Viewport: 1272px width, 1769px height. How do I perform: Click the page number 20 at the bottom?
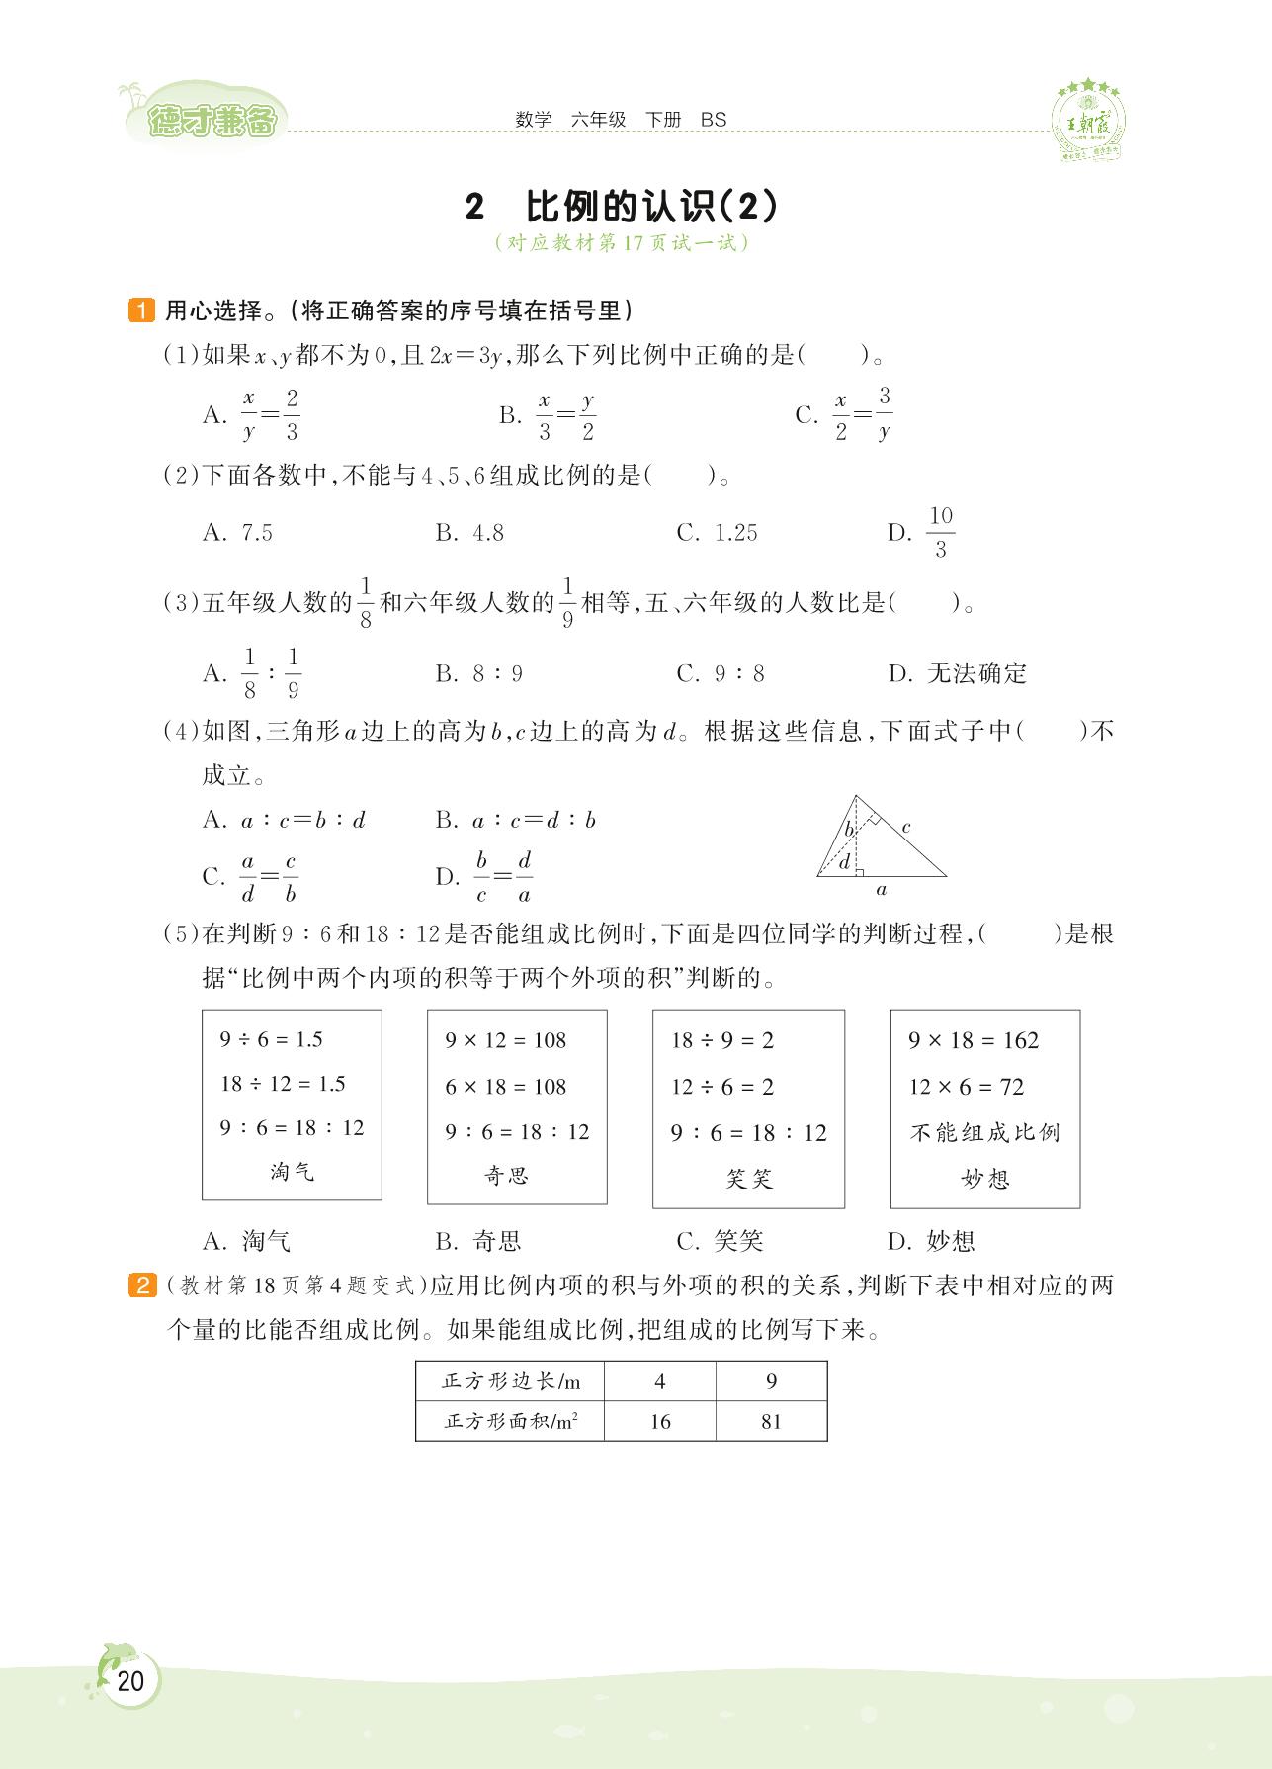click(129, 1680)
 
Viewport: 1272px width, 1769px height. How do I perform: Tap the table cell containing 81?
click(771, 1422)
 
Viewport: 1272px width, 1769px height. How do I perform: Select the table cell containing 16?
click(660, 1422)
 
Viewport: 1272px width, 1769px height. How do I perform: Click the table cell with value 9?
click(771, 1381)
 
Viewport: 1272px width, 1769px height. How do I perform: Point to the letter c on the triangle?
click(905, 826)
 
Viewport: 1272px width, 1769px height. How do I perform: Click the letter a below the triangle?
click(882, 890)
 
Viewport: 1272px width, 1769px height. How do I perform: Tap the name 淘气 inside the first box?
click(292, 1172)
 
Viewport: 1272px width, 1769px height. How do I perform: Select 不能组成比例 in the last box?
click(984, 1132)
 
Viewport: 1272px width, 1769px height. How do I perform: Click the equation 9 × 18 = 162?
click(974, 1040)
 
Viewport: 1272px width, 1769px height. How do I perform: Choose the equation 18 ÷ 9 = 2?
click(722, 1040)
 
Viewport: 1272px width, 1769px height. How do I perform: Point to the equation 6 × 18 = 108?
click(505, 1087)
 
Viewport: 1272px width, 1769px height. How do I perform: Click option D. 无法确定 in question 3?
click(958, 674)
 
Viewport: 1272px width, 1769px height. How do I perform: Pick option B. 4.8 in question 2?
click(469, 533)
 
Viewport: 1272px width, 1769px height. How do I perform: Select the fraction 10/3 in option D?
click(940, 532)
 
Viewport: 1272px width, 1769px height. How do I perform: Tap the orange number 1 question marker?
click(141, 310)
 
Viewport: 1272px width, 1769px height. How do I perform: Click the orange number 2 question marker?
click(141, 1286)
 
